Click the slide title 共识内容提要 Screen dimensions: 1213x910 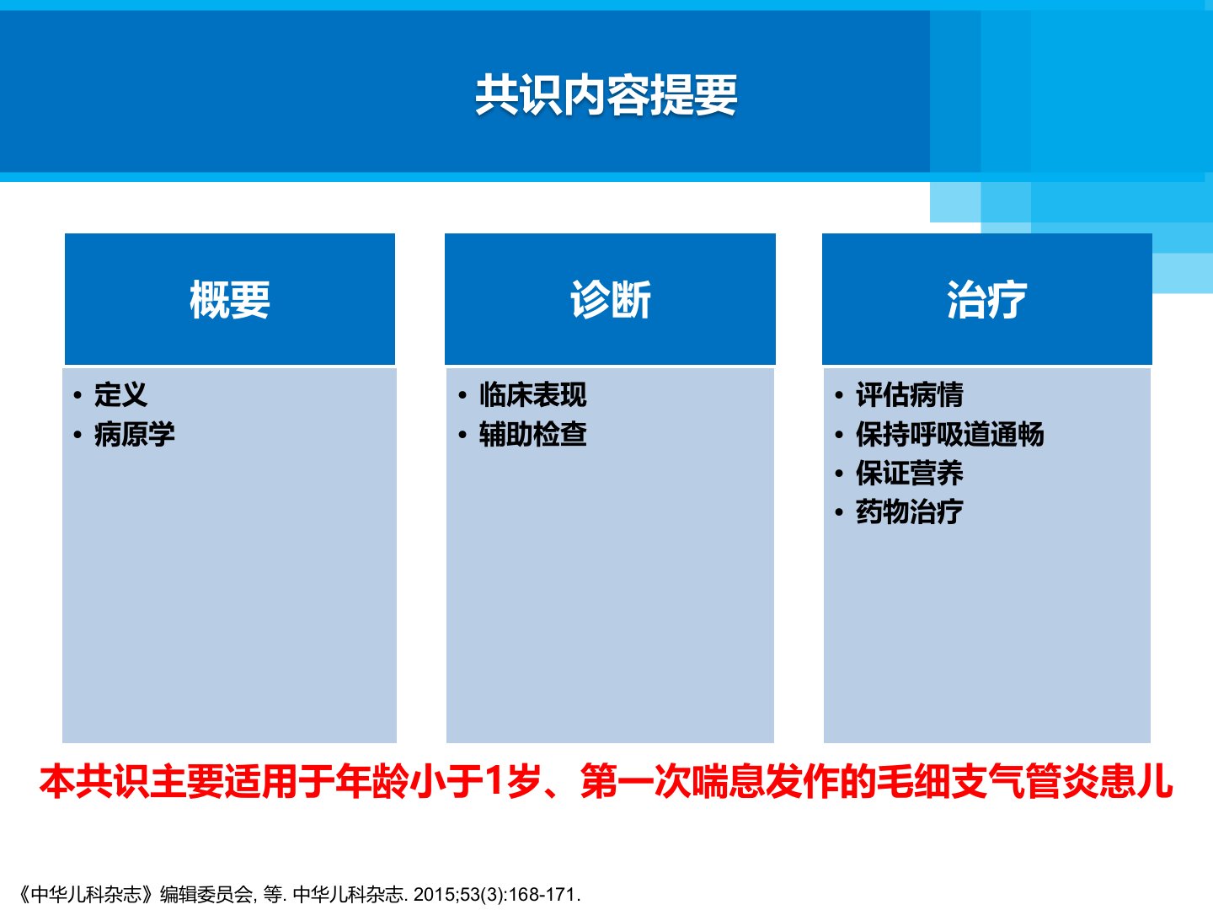606,95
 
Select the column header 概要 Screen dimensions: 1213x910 230,299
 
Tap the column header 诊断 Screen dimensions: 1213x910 611,299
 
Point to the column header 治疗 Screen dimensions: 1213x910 987,299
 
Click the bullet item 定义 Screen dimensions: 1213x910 121,394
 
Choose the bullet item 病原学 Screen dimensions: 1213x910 134,434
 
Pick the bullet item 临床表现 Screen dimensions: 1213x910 533,394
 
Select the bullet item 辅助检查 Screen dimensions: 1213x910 533,434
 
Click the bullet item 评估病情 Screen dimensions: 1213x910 910,394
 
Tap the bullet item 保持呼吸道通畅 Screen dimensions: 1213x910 950,434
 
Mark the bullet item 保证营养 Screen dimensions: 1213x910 910,473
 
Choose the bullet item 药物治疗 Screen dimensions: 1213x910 910,511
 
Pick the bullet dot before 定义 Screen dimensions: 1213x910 77,396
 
